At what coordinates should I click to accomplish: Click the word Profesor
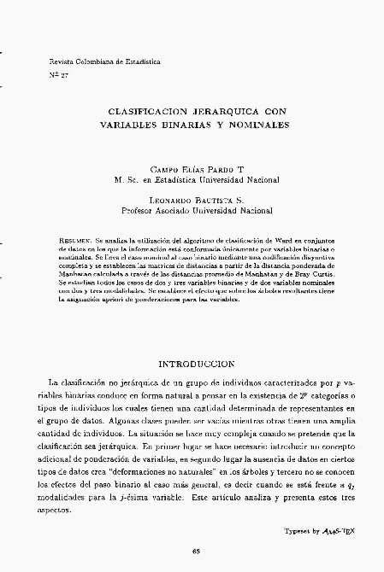[144, 207]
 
